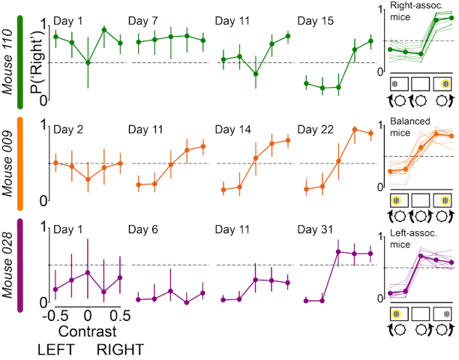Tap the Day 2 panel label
pyautogui.click(x=69, y=130)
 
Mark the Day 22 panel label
pyautogui.click(x=315, y=130)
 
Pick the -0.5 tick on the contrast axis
pyautogui.click(x=51, y=314)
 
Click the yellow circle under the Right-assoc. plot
pyautogui.click(x=444, y=82)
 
